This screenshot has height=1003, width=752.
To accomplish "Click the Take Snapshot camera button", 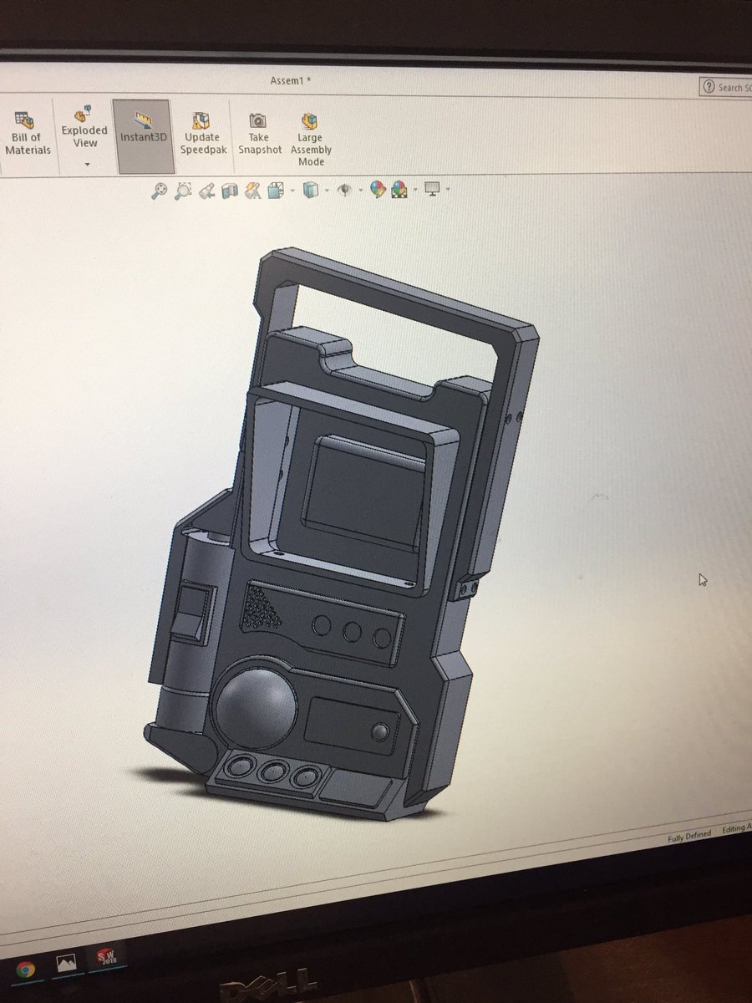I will click(x=260, y=134).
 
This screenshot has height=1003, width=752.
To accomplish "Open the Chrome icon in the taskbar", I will click(x=26, y=969).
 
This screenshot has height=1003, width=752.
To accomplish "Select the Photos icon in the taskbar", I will click(x=67, y=964).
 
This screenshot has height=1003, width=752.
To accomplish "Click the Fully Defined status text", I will click(x=689, y=835).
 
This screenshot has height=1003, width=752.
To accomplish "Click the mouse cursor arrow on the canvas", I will click(x=704, y=579).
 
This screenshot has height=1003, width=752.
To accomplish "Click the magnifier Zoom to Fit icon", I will click(x=159, y=191).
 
